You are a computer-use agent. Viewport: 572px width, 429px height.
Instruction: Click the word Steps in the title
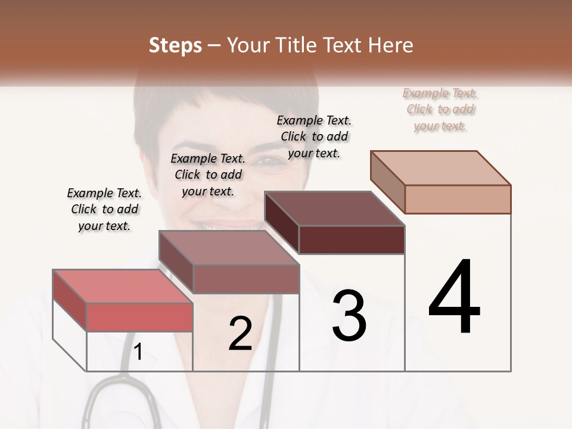pos(175,45)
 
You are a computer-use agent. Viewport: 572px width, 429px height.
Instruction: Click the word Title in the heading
pos(296,45)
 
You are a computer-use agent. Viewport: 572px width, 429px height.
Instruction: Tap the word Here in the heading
pos(390,45)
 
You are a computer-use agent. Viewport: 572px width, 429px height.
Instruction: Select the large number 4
pos(454,297)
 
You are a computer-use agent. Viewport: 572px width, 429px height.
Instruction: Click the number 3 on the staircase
pos(349,315)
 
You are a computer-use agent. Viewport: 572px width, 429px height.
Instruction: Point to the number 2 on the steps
pos(240,334)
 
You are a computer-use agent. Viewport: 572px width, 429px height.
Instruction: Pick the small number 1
pos(138,352)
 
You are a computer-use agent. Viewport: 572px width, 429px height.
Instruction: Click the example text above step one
pos(104,209)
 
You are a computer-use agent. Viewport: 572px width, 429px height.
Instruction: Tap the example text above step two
pos(208,175)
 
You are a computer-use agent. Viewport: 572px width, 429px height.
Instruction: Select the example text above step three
pos(314,136)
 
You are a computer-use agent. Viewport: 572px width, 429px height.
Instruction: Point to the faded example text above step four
pos(440,109)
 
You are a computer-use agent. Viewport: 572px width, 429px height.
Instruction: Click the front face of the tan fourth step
pos(458,199)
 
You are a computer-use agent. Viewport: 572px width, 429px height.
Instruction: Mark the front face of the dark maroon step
pos(352,240)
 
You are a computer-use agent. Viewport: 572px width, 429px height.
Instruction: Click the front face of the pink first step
pos(139,317)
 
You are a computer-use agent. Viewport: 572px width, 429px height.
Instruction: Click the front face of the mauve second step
pos(246,279)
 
